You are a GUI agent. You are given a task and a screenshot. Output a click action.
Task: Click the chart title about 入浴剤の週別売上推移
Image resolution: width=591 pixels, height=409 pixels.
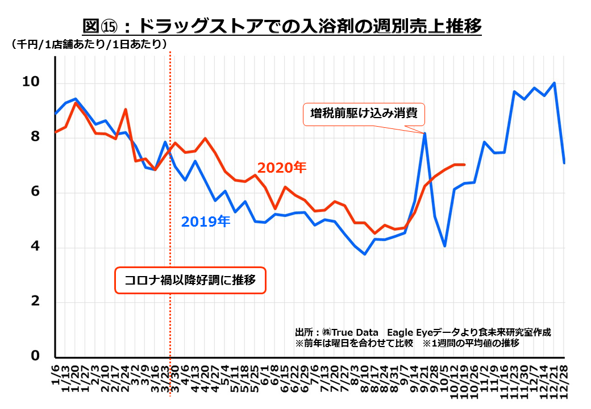(282, 26)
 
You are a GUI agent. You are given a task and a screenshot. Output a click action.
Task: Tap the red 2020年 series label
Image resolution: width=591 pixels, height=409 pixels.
(282, 168)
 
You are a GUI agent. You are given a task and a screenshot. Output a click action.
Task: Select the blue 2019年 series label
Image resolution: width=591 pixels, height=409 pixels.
(205, 222)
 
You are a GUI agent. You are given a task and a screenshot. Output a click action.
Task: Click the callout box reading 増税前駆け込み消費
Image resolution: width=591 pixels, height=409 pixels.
(364, 114)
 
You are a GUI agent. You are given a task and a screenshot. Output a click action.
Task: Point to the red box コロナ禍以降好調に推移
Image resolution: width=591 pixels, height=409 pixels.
(190, 280)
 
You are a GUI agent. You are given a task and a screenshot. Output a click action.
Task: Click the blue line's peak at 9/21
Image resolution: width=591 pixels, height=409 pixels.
(424, 133)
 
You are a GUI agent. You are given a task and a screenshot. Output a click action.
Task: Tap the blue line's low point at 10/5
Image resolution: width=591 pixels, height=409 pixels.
(445, 246)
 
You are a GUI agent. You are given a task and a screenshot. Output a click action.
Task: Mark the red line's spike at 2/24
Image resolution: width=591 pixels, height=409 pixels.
(126, 109)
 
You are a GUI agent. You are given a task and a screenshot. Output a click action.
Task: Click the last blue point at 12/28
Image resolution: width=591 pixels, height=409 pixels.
(564, 163)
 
